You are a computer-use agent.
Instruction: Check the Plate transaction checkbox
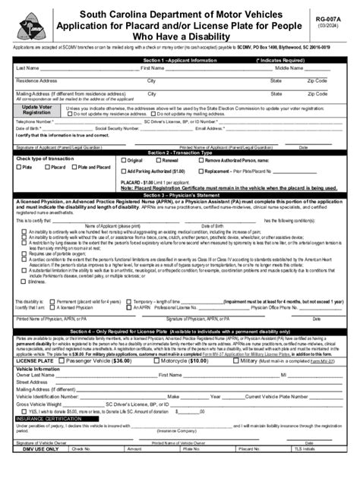(18, 167)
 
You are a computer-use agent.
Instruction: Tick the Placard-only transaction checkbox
(48, 167)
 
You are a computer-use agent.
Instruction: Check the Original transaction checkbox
(123, 161)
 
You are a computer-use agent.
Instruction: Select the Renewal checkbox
(157, 161)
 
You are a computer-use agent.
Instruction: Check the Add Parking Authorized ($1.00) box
(123, 171)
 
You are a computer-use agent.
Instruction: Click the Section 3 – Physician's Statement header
(180, 195)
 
